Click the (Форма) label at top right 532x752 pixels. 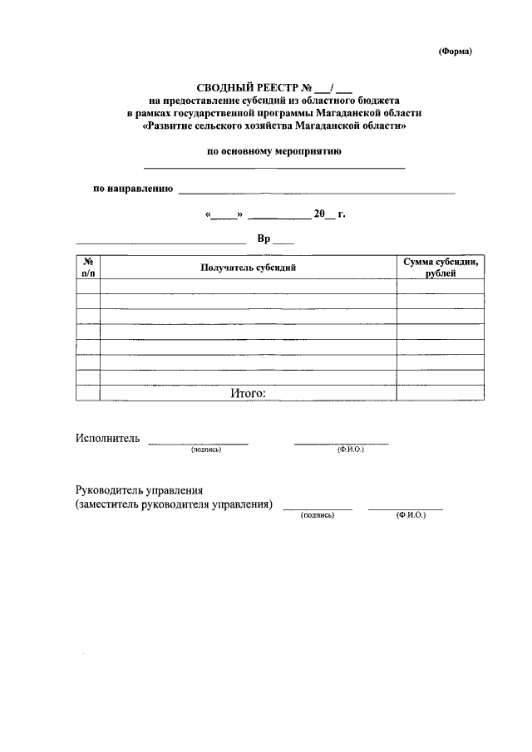455,51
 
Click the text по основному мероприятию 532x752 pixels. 274,151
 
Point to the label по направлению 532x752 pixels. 132,189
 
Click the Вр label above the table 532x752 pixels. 264,238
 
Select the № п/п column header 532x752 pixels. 88,267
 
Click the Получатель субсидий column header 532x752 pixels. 248,268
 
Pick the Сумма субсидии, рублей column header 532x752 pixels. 440,267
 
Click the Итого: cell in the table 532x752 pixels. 248,393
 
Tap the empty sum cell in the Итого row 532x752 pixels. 440,393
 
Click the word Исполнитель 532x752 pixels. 107,438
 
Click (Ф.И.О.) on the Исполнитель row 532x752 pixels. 350,449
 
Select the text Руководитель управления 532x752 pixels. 139,490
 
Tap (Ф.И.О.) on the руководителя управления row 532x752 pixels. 411,515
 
